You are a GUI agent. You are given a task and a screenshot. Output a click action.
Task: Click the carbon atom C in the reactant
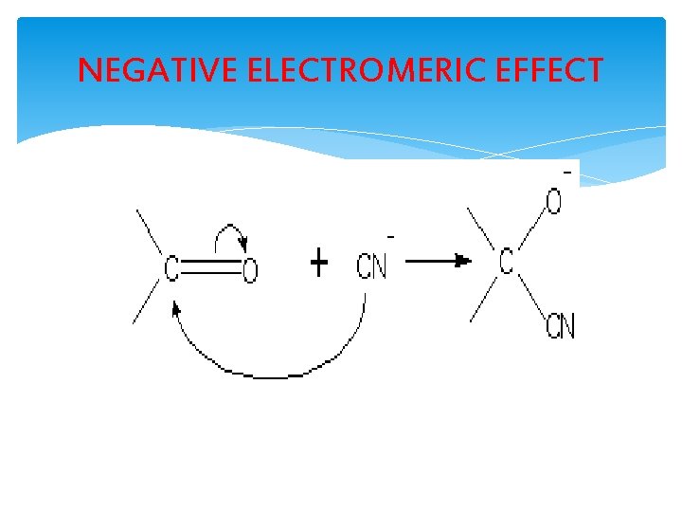pyautogui.click(x=171, y=269)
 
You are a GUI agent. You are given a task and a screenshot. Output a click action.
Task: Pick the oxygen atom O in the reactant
pyautogui.click(x=249, y=272)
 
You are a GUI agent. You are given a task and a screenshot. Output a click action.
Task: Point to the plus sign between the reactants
pyautogui.click(x=319, y=264)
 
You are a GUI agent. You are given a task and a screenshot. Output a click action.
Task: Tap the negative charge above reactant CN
pyautogui.click(x=390, y=236)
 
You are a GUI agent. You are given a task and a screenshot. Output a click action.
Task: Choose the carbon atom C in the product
pyautogui.click(x=506, y=262)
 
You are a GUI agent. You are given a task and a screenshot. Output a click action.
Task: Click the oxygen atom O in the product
pyautogui.click(x=554, y=202)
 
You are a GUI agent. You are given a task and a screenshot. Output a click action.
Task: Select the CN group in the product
pyautogui.click(x=560, y=328)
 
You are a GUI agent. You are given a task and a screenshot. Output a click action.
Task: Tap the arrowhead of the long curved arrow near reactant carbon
pyautogui.click(x=176, y=308)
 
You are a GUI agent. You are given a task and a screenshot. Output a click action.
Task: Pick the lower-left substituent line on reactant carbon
pyautogui.click(x=147, y=302)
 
